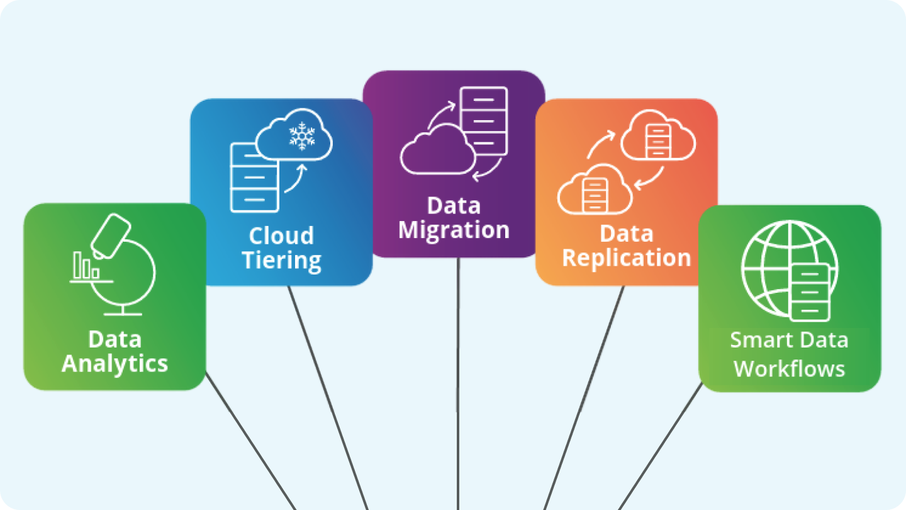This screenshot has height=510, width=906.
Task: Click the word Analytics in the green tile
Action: point(115,364)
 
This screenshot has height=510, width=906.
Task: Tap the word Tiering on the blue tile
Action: point(282,260)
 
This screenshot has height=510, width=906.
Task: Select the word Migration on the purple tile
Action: point(454,230)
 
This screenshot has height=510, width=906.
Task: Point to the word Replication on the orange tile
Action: point(626,258)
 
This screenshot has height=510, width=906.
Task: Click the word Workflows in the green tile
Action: point(789,368)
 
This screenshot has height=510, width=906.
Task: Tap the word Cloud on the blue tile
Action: point(281,235)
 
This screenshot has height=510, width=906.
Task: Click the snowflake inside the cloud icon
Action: point(302,137)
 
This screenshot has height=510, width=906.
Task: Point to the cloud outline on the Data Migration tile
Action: point(437,151)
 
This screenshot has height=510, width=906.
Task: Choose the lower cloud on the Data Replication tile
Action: point(593,189)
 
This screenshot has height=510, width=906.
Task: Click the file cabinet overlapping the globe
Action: point(810,292)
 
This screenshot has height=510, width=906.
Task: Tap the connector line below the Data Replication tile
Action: point(585,397)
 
